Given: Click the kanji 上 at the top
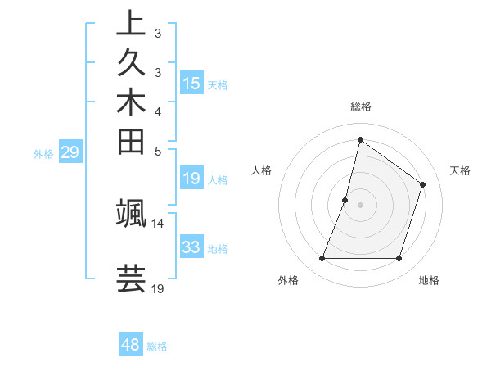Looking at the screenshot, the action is (131, 24).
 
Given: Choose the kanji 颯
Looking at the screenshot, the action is (131, 212).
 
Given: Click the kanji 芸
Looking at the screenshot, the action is (131, 278).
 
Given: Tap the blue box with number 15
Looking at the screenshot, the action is (191, 83).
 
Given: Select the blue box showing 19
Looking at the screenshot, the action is (191, 178).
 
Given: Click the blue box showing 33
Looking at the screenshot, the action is (191, 247).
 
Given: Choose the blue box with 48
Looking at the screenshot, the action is (131, 345).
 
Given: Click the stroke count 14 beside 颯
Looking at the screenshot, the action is (158, 223).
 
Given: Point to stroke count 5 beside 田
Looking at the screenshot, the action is (158, 151).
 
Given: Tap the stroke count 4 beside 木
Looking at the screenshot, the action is (158, 111).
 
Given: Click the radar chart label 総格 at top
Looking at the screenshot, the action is (360, 106).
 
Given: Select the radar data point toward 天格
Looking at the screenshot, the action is (423, 184).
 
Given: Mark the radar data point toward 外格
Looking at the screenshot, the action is (322, 259).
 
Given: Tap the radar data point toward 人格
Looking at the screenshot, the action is (345, 200).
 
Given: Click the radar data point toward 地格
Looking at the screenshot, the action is (399, 259).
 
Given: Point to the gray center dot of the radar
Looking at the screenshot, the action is (360, 205).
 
